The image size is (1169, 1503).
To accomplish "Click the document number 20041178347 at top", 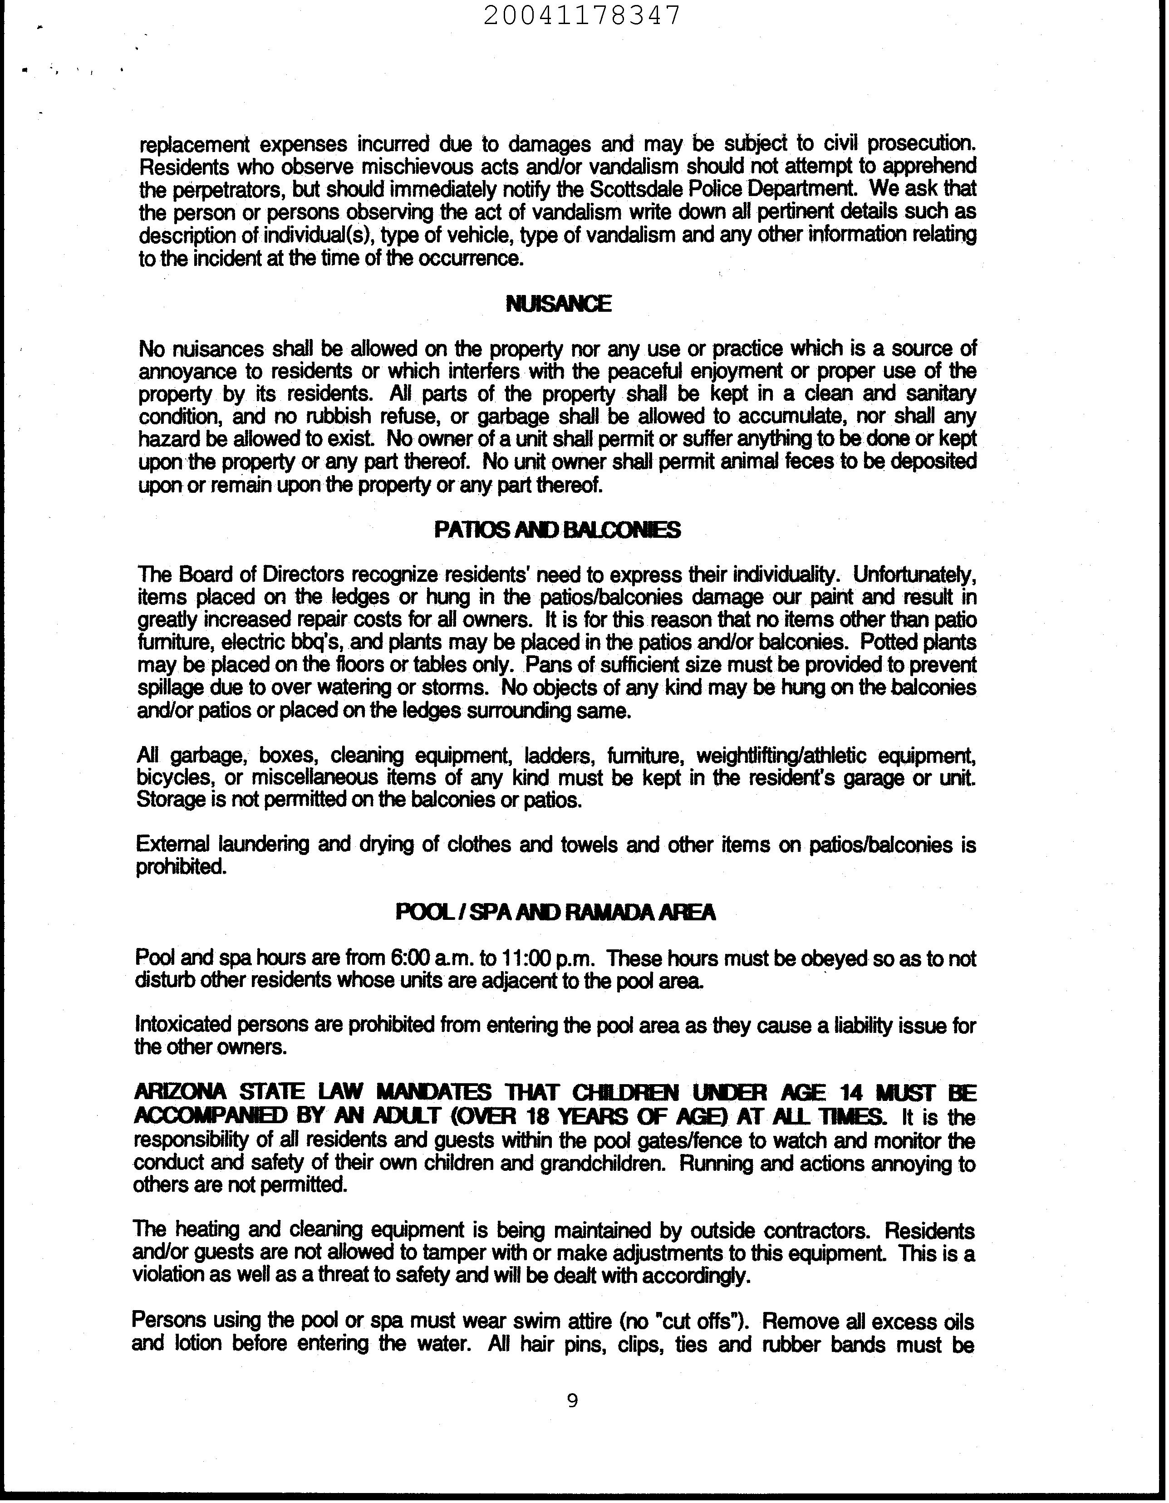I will [x=582, y=15].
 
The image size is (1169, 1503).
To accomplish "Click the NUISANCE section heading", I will [x=558, y=304].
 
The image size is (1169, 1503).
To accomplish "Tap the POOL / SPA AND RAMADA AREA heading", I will [x=556, y=913].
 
